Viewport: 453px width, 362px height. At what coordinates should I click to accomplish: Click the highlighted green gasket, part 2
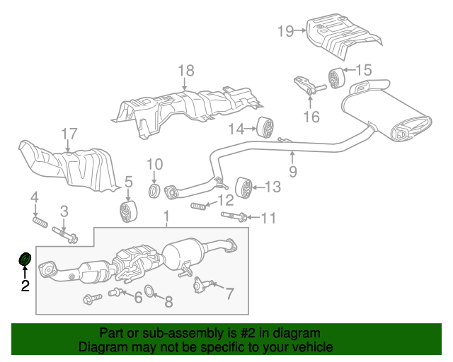[24, 260]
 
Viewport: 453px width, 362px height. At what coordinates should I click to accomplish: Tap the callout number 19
[285, 30]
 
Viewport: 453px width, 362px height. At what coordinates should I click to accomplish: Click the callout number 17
[69, 134]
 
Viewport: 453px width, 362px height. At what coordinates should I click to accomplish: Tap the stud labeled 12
[200, 206]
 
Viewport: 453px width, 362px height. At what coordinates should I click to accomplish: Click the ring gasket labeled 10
[154, 191]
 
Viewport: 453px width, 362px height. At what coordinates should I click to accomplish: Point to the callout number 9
[292, 171]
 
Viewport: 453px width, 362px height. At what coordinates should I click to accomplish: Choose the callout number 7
[229, 293]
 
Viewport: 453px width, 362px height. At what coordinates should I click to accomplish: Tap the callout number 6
[137, 298]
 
